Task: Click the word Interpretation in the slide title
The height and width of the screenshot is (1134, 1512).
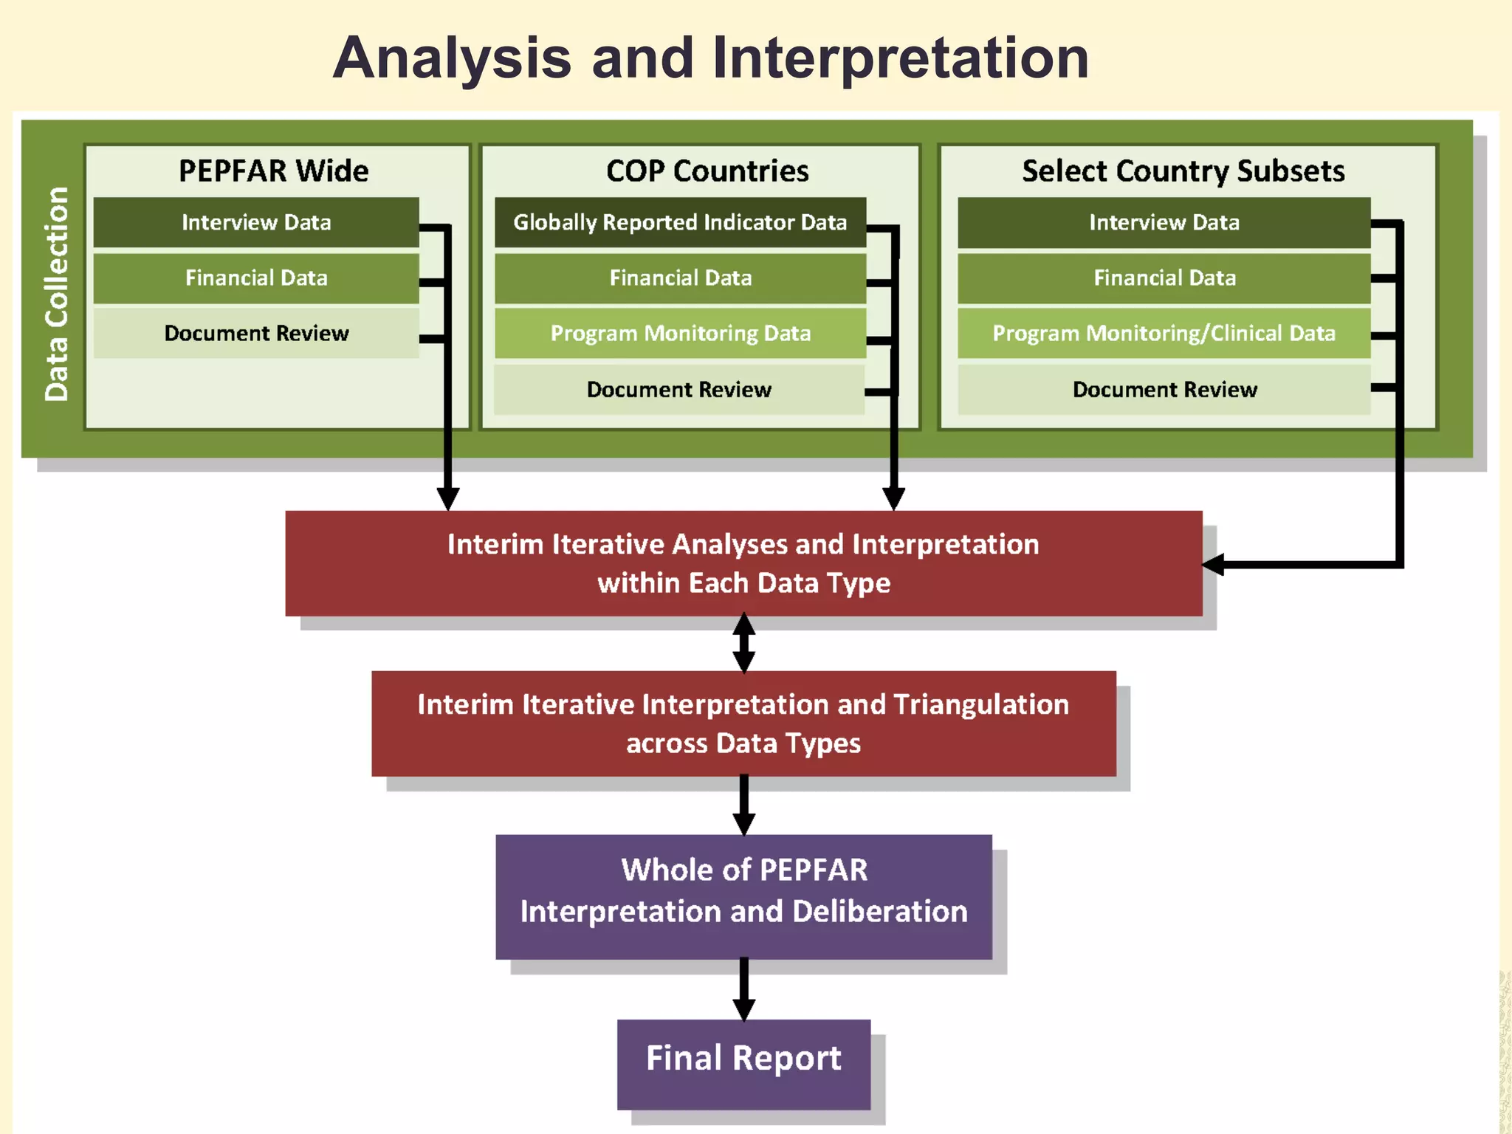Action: (901, 59)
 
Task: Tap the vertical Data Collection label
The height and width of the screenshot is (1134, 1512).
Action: (56, 294)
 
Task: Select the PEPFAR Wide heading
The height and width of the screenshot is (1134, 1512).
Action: (273, 171)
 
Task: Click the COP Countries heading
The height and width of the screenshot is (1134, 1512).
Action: (707, 171)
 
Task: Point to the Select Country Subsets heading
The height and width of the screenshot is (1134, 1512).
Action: (1183, 171)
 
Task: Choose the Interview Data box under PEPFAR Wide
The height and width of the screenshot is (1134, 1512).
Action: (256, 222)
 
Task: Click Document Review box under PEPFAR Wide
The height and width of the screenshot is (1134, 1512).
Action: (256, 333)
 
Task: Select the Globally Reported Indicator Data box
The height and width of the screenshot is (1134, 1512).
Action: (680, 222)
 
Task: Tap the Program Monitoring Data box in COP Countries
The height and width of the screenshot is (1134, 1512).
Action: (680, 333)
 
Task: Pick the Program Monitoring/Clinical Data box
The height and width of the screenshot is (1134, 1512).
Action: (1164, 333)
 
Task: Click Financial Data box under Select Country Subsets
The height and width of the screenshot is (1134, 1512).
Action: (1164, 278)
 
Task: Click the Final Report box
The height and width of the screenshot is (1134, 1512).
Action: (743, 1059)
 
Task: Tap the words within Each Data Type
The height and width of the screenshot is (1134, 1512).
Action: (743, 583)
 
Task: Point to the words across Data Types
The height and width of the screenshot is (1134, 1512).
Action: (743, 743)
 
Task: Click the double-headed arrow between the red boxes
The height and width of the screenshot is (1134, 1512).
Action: (743, 643)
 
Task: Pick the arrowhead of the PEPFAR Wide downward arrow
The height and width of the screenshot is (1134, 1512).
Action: (447, 498)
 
